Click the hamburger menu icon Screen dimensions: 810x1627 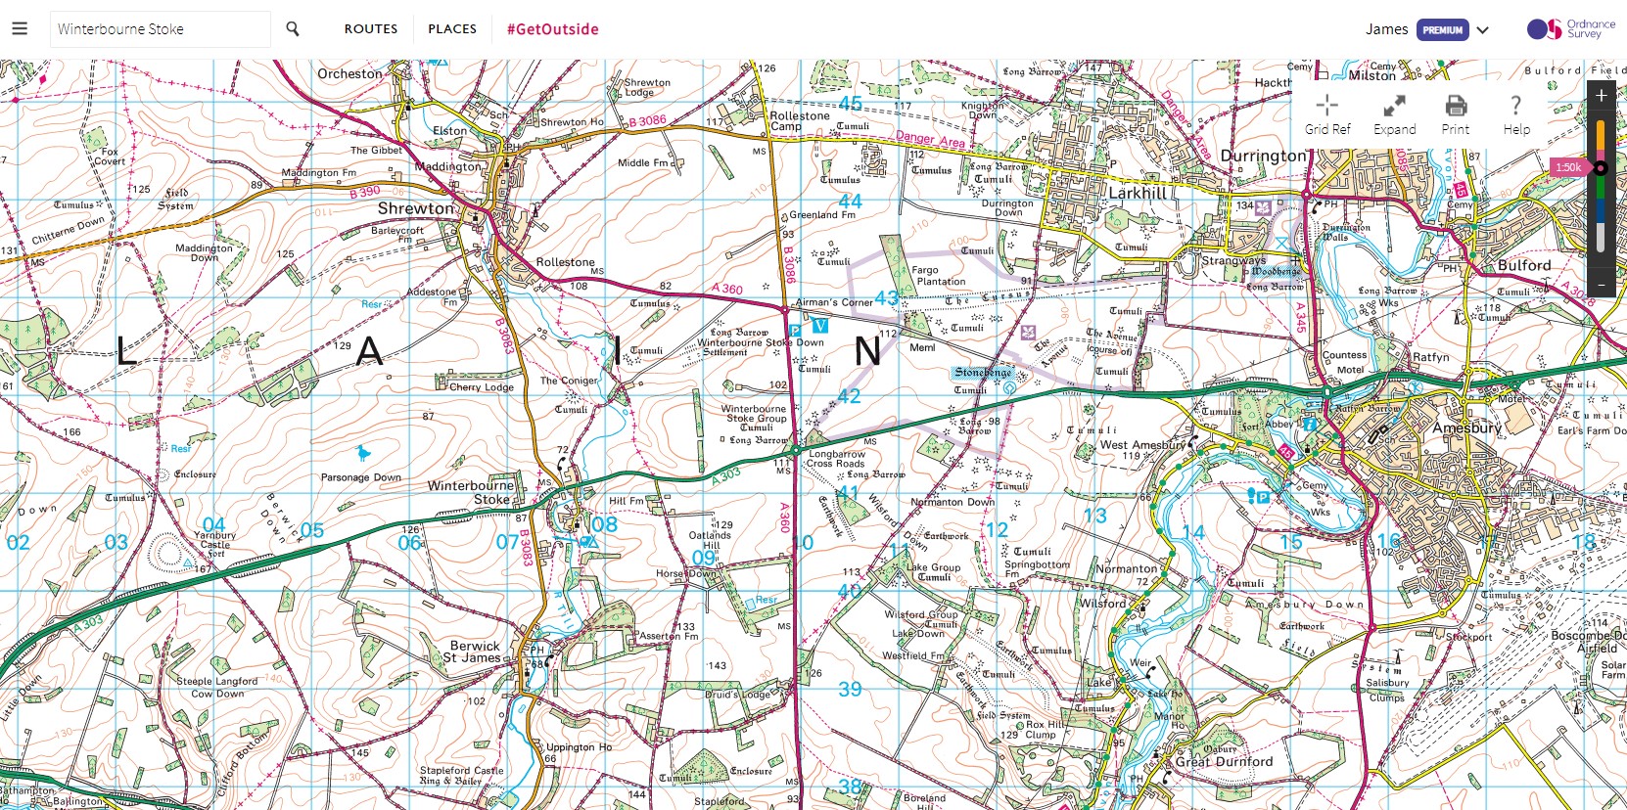pyautogui.click(x=20, y=28)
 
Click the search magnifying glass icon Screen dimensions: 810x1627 pyautogui.click(x=292, y=29)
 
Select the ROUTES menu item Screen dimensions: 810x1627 pyautogui.click(x=370, y=29)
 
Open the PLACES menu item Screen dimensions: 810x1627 pyautogui.click(x=452, y=29)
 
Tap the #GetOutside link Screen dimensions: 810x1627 pyautogui.click(x=552, y=29)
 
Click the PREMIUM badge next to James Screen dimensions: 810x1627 pyautogui.click(x=1442, y=29)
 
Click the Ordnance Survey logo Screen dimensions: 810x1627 pyautogui.click(x=1570, y=29)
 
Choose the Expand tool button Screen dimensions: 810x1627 pyautogui.click(x=1394, y=114)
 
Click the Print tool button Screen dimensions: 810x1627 pyautogui.click(x=1456, y=114)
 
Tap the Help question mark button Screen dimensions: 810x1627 pyautogui.click(x=1515, y=114)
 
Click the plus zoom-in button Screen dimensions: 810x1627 pyautogui.click(x=1602, y=96)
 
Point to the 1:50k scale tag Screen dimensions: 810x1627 pyautogui.click(x=1568, y=167)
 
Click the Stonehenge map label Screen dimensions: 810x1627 pyautogui.click(x=983, y=373)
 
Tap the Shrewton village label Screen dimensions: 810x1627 pyautogui.click(x=417, y=208)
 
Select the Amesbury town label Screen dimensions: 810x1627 pyautogui.click(x=1466, y=427)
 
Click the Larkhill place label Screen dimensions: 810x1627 pyautogui.click(x=1138, y=193)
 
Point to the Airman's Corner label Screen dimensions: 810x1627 pyautogui.click(x=833, y=302)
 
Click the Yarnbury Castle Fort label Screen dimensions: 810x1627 pyautogui.click(x=215, y=543)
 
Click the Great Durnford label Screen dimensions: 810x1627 pyautogui.click(x=1224, y=761)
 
